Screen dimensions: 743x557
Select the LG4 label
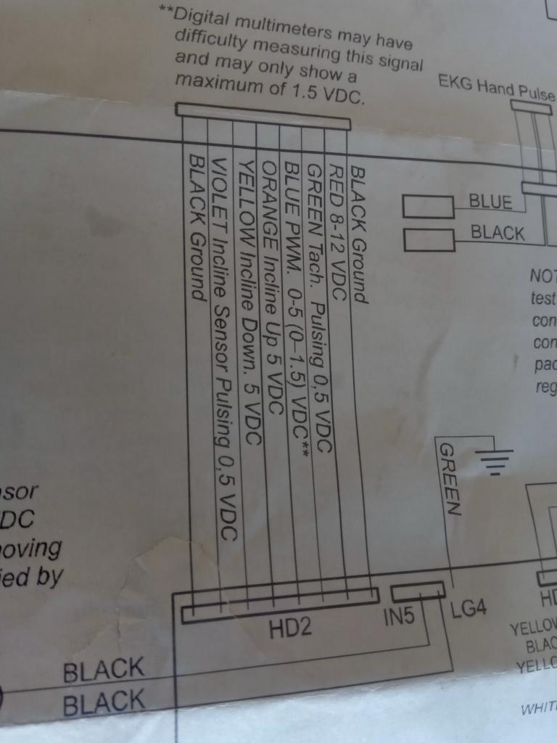[x=469, y=609]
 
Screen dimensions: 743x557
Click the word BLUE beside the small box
[x=490, y=201]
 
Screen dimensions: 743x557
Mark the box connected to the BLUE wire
[x=429, y=207]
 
